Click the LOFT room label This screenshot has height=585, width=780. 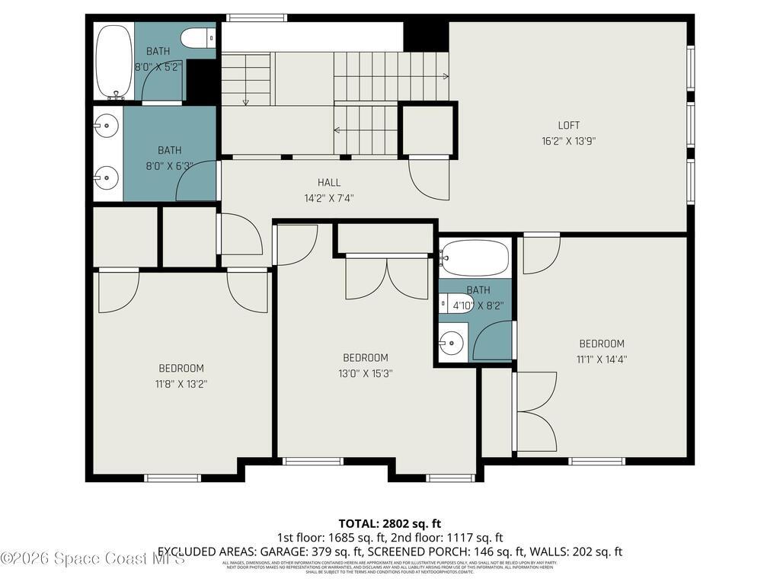click(x=568, y=126)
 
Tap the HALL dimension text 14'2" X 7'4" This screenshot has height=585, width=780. click(x=329, y=198)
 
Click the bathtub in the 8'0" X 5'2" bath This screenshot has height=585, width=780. click(x=114, y=61)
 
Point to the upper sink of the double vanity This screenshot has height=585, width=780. click(x=107, y=124)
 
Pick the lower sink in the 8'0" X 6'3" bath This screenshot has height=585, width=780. click(x=107, y=180)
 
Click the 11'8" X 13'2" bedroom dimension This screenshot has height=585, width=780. click(x=181, y=384)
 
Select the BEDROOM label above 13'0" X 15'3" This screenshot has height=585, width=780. click(x=366, y=358)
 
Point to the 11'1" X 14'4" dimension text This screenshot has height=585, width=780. click(x=602, y=359)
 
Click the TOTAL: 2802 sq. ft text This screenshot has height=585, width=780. click(x=389, y=523)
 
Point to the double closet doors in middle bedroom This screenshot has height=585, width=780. click(x=387, y=279)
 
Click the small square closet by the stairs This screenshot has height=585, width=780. click(x=427, y=131)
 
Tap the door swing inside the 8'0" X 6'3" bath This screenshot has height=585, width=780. click(x=197, y=183)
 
